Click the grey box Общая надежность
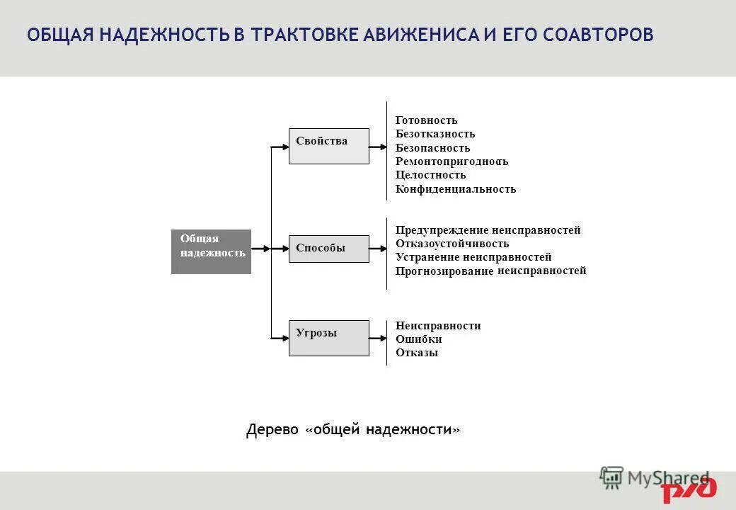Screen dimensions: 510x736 point(211,251)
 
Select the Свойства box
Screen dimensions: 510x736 point(328,146)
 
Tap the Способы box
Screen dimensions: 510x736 point(328,249)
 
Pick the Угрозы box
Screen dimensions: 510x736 point(328,338)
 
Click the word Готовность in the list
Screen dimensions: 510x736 point(426,120)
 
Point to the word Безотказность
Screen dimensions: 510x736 point(435,134)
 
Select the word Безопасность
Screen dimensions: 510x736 point(432,148)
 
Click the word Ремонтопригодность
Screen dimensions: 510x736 point(452,161)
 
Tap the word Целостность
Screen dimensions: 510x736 point(430,175)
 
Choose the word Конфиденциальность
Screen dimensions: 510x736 point(456,189)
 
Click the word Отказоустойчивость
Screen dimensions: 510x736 point(452,244)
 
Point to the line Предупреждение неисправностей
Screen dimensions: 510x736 point(488,230)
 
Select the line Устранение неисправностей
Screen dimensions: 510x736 point(473,257)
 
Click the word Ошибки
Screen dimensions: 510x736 point(418,339)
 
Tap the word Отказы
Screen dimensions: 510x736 point(416,353)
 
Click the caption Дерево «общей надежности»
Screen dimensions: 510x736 point(353,430)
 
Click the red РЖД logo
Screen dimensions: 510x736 point(689,490)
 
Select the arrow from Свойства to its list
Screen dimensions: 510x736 point(378,147)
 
